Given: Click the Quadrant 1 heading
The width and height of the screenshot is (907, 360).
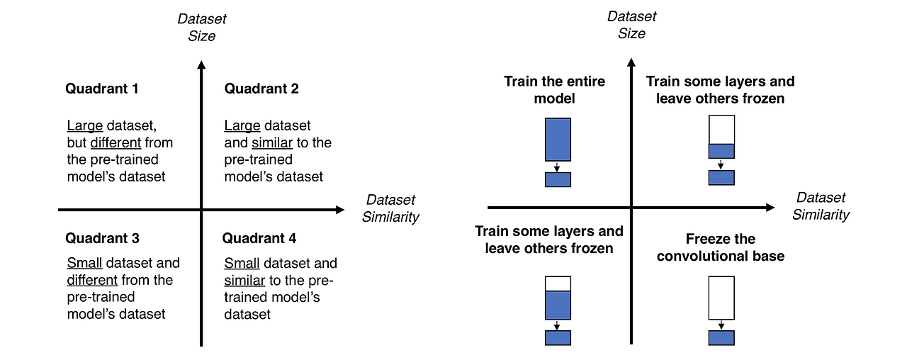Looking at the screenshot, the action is pyautogui.click(x=101, y=89).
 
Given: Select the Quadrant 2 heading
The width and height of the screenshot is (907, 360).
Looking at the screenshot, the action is pyautogui.click(x=261, y=89).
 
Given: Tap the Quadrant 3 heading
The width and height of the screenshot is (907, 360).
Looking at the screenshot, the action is pyautogui.click(x=102, y=238).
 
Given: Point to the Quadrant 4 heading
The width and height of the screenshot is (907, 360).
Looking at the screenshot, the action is pyautogui.click(x=259, y=238).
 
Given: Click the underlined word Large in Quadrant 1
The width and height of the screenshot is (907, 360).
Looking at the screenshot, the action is pyautogui.click(x=84, y=125).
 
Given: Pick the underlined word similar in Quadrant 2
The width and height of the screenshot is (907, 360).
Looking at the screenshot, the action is pyautogui.click(x=271, y=142).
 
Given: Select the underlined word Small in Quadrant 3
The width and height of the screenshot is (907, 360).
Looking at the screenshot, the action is pyautogui.click(x=84, y=263).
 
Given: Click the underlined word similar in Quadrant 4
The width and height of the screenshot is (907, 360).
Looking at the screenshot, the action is pyautogui.click(x=244, y=280).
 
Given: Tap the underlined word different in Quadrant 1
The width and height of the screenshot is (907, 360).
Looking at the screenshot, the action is pyautogui.click(x=116, y=142).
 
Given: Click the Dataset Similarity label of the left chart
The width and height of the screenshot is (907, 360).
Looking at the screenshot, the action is pyautogui.click(x=390, y=208).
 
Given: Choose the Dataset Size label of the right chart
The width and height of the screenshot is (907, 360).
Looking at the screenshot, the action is pyautogui.click(x=631, y=25).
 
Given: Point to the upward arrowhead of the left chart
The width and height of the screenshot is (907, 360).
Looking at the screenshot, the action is pyautogui.click(x=201, y=64).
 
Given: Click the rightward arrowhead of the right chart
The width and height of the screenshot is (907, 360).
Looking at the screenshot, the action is pyautogui.click(x=770, y=208).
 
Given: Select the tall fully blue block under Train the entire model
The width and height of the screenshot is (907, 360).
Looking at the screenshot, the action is pyautogui.click(x=558, y=140).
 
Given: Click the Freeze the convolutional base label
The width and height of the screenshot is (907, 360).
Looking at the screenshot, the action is pyautogui.click(x=721, y=247).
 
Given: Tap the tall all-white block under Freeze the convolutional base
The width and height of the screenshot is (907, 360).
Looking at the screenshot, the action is pyautogui.click(x=721, y=298).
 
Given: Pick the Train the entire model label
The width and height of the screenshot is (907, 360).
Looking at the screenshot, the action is pyautogui.click(x=554, y=90).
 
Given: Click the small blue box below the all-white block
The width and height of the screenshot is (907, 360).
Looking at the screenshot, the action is pyautogui.click(x=721, y=338).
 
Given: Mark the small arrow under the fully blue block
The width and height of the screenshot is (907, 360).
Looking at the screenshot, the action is pyautogui.click(x=557, y=167).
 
